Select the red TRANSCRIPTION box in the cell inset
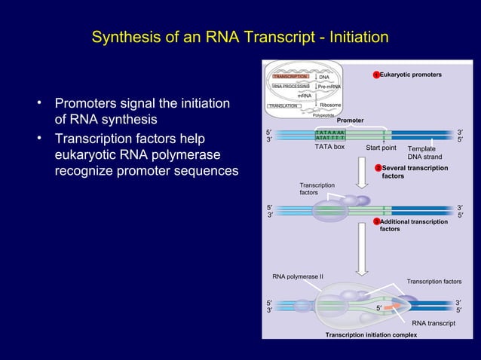pos(290,77)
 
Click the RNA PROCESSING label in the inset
pos(291,87)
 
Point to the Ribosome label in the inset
pos(330,105)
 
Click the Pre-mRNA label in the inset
pos(330,87)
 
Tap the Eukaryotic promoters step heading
pos(411,75)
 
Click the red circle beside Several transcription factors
pos(378,168)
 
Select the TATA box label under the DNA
pos(329,147)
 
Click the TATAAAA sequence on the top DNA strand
pos(329,132)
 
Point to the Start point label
pos(381,148)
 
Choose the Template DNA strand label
pos(424,153)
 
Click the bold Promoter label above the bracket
pos(350,121)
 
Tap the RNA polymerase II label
pos(298,276)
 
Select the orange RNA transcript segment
pos(393,307)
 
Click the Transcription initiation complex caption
pos(371,334)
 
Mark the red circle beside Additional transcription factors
pos(378,221)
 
